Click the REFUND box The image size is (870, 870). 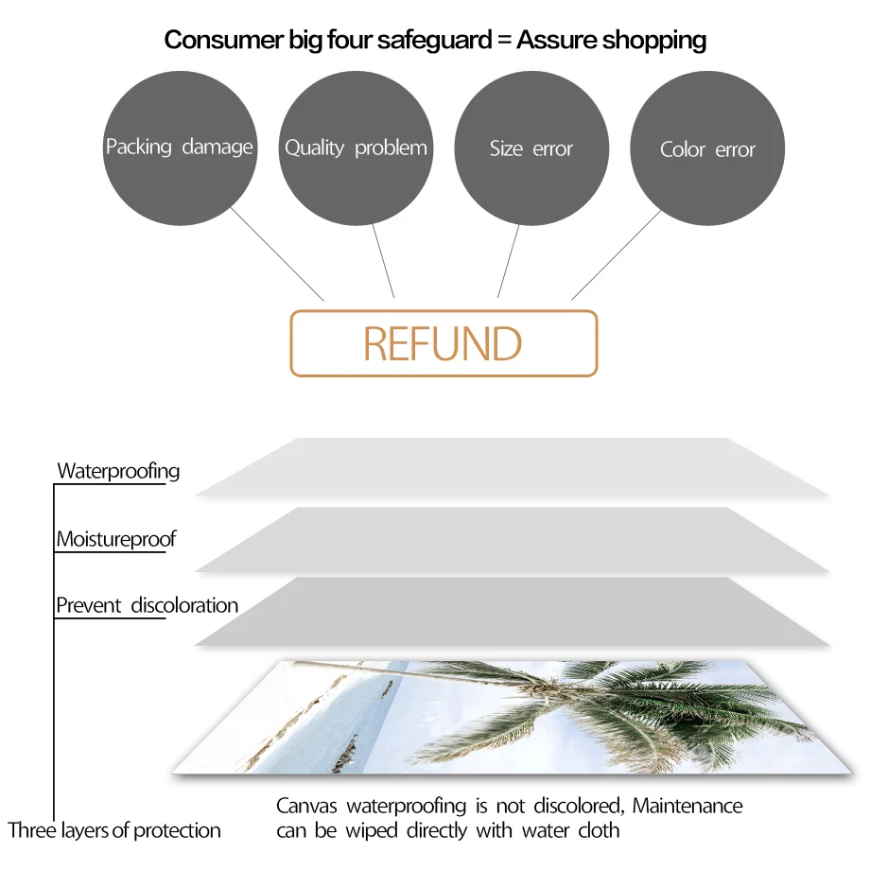[x=444, y=343]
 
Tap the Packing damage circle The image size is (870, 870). [x=179, y=147]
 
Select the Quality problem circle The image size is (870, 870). [x=356, y=148]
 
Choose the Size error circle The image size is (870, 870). [x=531, y=148]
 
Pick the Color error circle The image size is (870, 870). [x=707, y=149]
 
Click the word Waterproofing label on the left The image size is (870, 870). [x=118, y=471]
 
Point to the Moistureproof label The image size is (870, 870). [x=116, y=540]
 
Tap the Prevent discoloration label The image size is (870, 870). [x=147, y=605]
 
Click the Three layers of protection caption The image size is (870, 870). [x=114, y=831]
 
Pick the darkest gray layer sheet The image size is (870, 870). [x=511, y=612]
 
